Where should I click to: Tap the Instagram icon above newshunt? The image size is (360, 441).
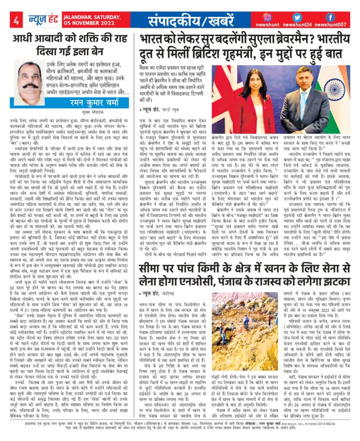click(x=280, y=17)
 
